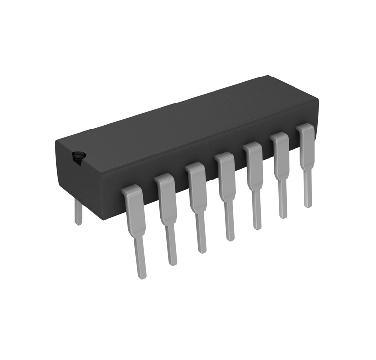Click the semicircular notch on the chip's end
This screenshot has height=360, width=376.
point(78,157)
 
